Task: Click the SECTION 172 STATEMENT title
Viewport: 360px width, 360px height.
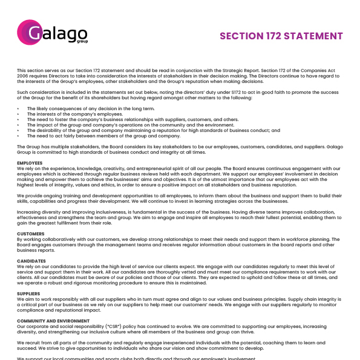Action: coord(281,36)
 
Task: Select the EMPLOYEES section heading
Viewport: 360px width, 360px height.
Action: coord(30,163)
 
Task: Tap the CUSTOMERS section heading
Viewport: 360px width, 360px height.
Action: coord(30,234)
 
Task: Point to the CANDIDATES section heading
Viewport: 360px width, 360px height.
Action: coord(31,261)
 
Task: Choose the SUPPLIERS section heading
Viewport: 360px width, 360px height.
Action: coord(29,293)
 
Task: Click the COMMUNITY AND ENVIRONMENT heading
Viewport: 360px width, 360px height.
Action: coord(53,321)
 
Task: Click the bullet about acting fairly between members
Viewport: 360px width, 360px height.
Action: coord(103,136)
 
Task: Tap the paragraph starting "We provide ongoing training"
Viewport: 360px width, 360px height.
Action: coord(178,198)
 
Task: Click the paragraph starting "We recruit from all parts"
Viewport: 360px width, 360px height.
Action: coord(178,345)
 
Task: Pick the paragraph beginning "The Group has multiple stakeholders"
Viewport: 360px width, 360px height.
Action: coord(178,149)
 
